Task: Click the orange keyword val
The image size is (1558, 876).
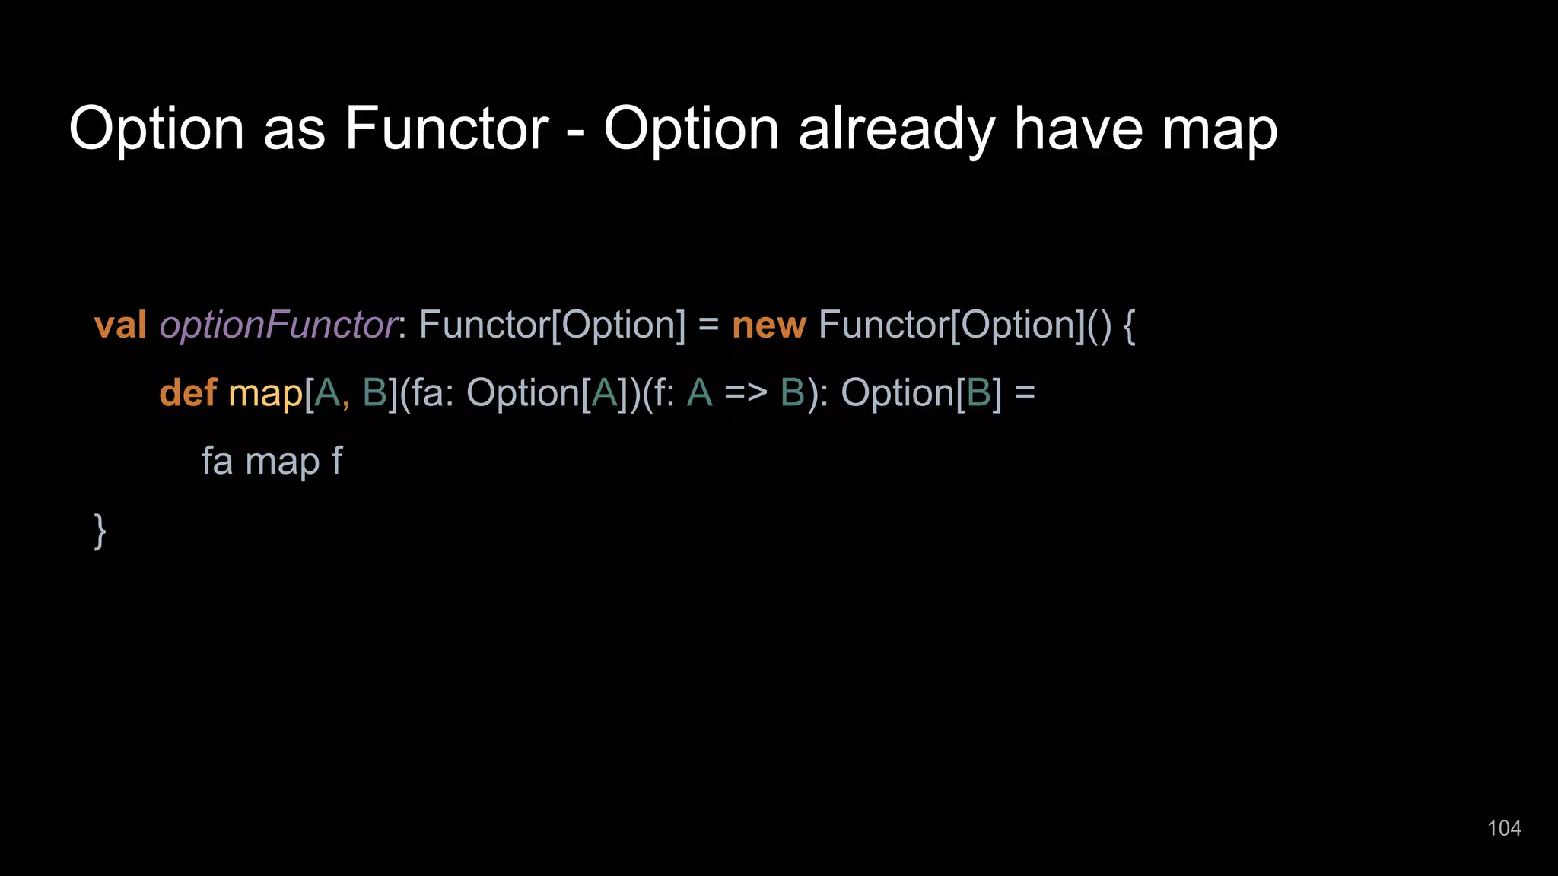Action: click(x=120, y=325)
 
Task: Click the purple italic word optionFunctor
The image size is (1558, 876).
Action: click(x=278, y=325)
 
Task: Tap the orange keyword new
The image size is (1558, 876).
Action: click(x=768, y=325)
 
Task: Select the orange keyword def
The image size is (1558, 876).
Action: click(x=188, y=393)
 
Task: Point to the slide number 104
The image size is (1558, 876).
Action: click(x=1503, y=828)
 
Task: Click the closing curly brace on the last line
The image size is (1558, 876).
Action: click(x=100, y=530)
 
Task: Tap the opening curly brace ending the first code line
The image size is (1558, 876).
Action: click(x=1129, y=325)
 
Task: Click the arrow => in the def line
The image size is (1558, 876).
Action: click(x=746, y=394)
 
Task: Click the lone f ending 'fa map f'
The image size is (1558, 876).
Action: click(x=336, y=460)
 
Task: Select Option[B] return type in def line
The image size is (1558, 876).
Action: click(x=921, y=393)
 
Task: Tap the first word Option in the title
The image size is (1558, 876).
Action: click(x=157, y=129)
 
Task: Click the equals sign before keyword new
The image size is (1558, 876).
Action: click(x=707, y=325)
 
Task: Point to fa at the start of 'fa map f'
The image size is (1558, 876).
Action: click(x=217, y=461)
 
